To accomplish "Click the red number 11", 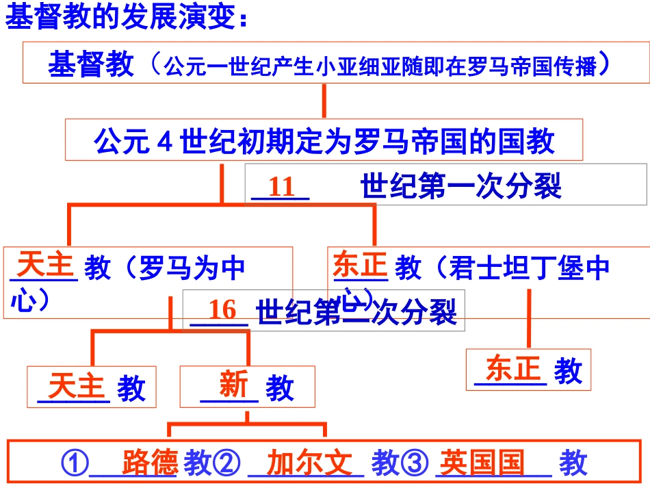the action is [281, 187].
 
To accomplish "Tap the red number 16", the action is [222, 311].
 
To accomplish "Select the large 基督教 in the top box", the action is [91, 65].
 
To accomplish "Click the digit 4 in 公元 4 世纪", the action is [164, 142].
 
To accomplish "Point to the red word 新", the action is [233, 385].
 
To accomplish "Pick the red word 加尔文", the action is [309, 463].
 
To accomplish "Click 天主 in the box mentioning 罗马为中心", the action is [45, 264].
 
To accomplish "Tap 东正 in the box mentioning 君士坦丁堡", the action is [360, 265].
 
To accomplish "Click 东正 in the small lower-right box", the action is [512, 369].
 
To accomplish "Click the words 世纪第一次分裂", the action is [460, 185].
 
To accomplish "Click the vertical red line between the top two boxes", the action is [324, 101].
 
